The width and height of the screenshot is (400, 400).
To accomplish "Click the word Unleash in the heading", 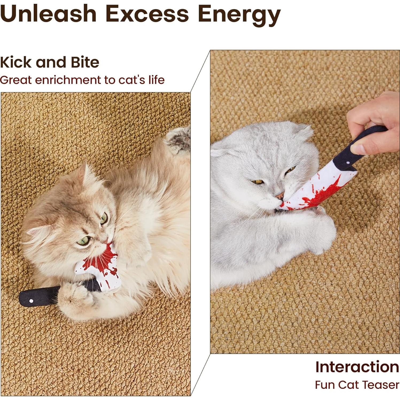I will pos(48,14).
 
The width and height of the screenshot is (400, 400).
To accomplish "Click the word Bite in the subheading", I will pos(85,62).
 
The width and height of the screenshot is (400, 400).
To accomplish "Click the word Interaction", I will pos(357,367).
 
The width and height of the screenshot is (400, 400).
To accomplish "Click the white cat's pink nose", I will pos(280,196).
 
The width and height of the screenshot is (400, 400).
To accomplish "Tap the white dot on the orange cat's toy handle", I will pos(31,301).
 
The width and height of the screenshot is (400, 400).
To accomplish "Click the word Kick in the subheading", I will pos(15,62).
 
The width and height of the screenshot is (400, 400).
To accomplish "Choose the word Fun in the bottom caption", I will pos(325,385).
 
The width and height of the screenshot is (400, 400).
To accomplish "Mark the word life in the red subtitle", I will pos(156,80).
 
